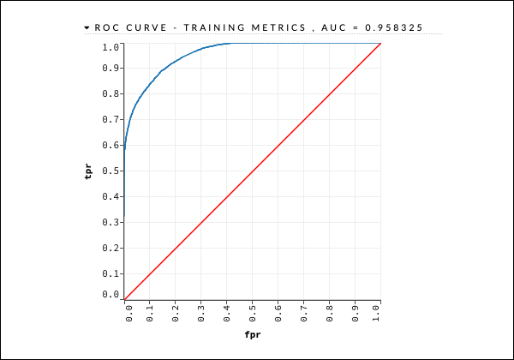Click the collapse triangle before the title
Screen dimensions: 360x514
[87, 27]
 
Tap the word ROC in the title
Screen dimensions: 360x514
[105, 27]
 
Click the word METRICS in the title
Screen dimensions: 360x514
[275, 27]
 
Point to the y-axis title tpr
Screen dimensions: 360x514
[88, 171]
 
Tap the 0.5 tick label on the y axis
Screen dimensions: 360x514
[110, 171]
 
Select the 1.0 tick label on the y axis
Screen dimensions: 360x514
[110, 46]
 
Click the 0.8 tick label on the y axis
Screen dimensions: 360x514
[110, 94]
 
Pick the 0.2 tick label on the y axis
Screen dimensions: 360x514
[110, 249]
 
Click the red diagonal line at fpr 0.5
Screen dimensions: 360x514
[252, 171]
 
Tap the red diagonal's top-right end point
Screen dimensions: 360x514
[380, 43]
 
